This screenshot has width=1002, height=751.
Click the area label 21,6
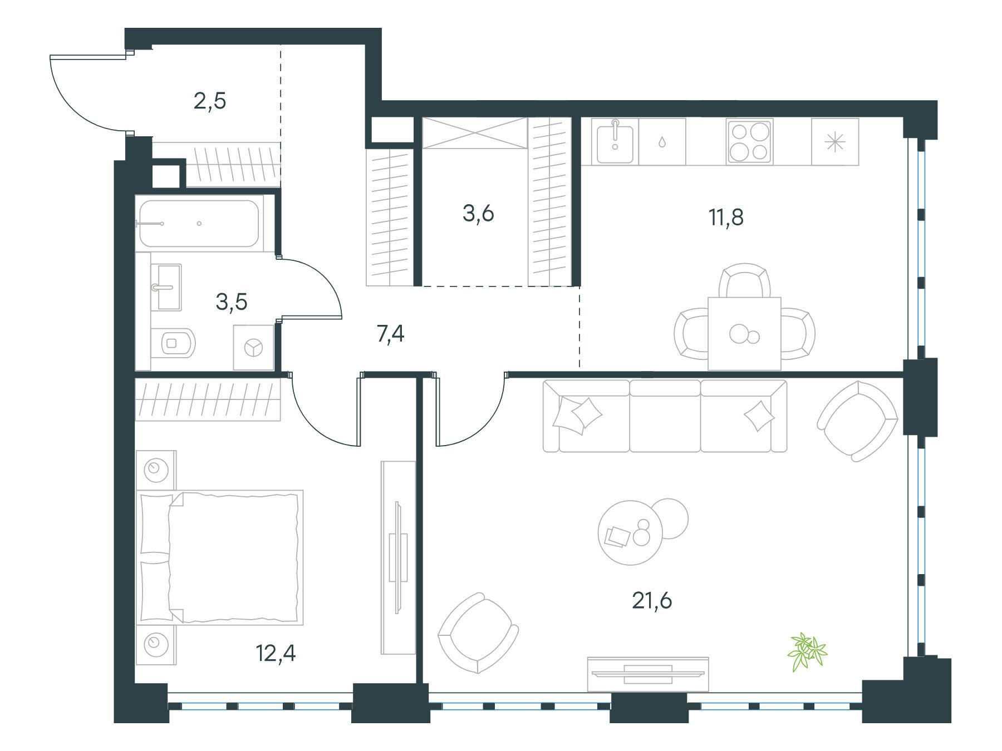[x=652, y=601]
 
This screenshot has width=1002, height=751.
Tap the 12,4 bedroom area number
[x=276, y=653]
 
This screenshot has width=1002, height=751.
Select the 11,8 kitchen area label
[x=726, y=217]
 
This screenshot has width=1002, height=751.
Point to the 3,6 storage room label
[x=478, y=213]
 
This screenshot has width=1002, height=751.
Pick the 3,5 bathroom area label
[x=231, y=302]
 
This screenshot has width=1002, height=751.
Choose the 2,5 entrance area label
[x=210, y=102]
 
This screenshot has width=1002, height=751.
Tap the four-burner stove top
[x=749, y=142]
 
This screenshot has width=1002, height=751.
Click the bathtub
[x=199, y=224]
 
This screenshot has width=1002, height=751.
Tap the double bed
[x=220, y=556]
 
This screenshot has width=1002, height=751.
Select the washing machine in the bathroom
[x=254, y=348]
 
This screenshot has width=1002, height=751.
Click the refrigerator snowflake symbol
[x=835, y=142]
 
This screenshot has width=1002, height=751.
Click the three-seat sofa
[x=665, y=416]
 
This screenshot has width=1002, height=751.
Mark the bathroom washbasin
[x=166, y=287]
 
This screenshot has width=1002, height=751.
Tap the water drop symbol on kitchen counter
[x=661, y=142]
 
